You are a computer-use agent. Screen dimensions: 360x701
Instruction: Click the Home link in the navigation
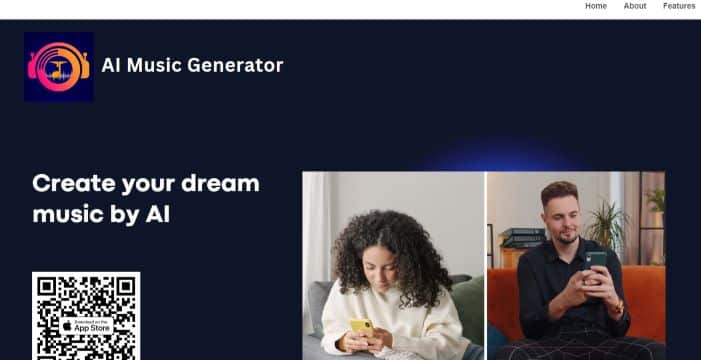click(x=596, y=6)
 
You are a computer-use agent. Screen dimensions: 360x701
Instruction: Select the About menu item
click(x=635, y=6)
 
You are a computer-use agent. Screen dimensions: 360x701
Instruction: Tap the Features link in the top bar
click(x=679, y=6)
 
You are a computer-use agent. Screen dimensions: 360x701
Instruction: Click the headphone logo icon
click(x=59, y=66)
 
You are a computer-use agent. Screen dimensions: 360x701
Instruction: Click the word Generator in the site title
click(x=240, y=66)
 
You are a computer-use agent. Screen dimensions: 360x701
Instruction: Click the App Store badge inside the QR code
click(x=86, y=326)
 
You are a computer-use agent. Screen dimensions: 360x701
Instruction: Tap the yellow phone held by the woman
click(x=361, y=328)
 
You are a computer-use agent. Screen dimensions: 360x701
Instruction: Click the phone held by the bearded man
click(x=596, y=262)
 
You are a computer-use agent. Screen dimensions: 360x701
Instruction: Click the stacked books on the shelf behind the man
click(x=522, y=238)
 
